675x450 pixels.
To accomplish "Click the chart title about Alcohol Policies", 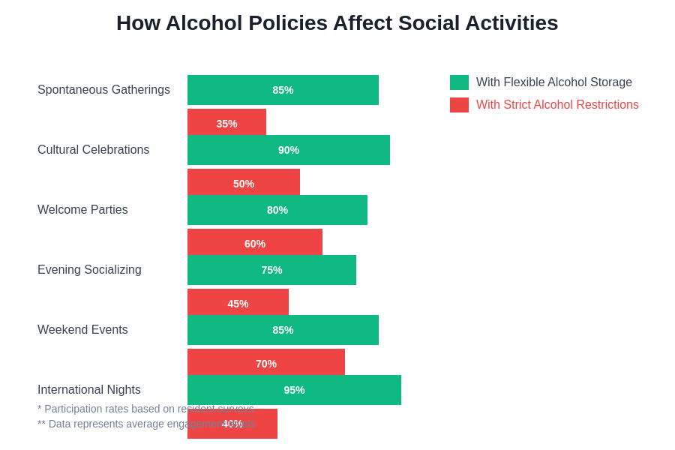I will tap(337, 23).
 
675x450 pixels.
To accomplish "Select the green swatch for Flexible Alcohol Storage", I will tap(459, 82).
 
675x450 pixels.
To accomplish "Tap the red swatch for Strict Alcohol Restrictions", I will tap(459, 105).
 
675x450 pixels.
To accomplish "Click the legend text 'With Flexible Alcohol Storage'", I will tap(553, 82).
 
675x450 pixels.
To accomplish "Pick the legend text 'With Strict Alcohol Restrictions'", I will tap(557, 105).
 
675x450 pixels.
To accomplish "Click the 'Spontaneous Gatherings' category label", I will tap(103, 90).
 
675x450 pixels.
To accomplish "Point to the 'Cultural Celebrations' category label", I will tap(93, 150).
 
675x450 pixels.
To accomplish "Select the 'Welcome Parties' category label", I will tap(82, 210).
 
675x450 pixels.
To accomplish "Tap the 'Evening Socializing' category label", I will tap(89, 270).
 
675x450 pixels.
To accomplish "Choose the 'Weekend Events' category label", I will tap(82, 330).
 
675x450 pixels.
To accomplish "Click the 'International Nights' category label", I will tap(89, 390).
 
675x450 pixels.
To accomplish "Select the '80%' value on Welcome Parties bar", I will tap(277, 210).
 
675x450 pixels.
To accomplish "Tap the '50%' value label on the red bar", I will tap(244, 184).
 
